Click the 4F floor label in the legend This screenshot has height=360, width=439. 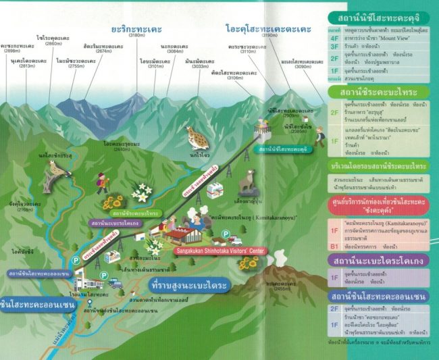333,48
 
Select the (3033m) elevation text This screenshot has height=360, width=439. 198,67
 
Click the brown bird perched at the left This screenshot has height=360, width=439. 54,173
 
